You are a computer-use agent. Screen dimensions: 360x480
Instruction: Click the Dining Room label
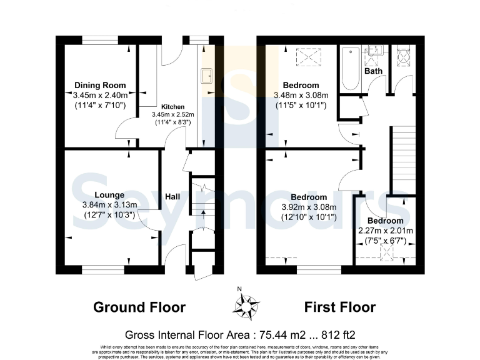point(100,85)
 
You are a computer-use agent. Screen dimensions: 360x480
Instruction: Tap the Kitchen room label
point(172,107)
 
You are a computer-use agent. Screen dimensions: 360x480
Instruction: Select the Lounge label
point(110,195)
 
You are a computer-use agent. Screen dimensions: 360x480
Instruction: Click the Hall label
point(172,197)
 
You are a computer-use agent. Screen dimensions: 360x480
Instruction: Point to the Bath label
point(374,71)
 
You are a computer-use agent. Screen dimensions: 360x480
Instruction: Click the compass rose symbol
point(246,306)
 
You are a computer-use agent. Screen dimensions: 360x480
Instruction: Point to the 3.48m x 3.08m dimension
point(301,95)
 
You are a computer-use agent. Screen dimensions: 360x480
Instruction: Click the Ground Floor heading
point(139,307)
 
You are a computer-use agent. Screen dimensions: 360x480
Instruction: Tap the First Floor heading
point(340,307)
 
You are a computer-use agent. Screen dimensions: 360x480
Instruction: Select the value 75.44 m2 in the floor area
point(280,334)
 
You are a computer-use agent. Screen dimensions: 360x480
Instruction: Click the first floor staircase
point(403,159)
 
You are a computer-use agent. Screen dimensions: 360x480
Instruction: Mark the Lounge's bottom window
point(102,271)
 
